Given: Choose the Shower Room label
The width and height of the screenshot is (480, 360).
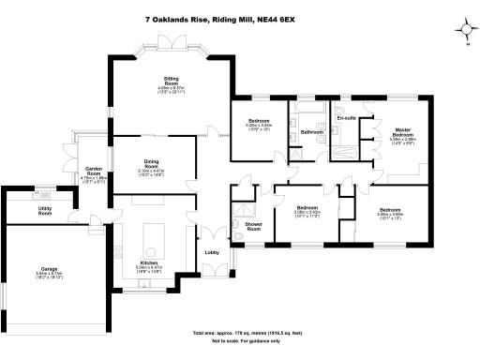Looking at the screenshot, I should click(253, 224).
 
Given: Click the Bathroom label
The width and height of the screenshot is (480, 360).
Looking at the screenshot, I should click(311, 131).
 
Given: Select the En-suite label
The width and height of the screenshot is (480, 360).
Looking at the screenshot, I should click(345, 119).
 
